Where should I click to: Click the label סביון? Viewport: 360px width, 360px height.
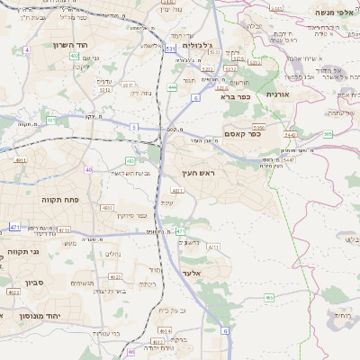pos(26,280)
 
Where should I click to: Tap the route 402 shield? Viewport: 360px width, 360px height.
pos(74,56)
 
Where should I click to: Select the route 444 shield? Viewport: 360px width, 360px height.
pos(171,87)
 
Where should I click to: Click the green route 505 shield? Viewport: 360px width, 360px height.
pos(328,133)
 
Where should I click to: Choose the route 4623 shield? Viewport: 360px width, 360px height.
pos(13,291)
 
